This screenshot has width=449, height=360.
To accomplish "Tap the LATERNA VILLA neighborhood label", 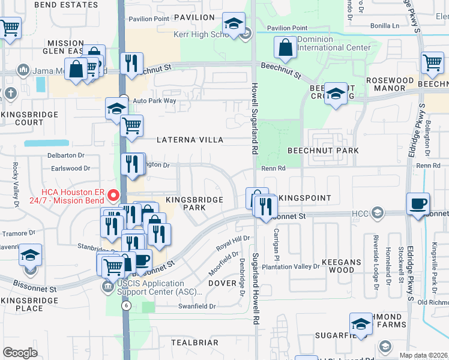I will click(190, 140).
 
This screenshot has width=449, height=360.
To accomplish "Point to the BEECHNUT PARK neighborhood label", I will click(323, 151).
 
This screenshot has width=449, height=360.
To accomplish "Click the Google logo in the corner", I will click(20, 352).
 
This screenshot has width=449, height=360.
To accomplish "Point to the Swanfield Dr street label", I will click(196, 306).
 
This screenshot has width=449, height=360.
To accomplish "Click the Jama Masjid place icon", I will click(23, 70).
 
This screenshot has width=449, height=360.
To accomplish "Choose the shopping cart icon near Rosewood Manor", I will click(432, 62).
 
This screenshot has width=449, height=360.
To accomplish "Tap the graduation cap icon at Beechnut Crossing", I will click(336, 94).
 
